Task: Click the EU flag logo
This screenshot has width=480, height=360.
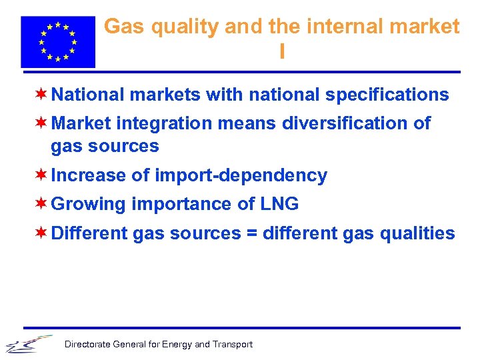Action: coord(58,41)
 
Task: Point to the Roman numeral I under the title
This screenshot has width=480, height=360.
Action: coord(283,52)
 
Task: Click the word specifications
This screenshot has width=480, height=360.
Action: coord(387,95)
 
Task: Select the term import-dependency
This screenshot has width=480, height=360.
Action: coord(241,176)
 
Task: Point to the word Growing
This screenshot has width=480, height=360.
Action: coord(88,205)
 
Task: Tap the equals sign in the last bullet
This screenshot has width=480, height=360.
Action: coord(251,233)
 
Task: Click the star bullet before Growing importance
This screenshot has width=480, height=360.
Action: coord(41,203)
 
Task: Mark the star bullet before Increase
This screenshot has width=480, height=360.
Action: coord(41,175)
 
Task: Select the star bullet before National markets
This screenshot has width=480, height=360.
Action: coord(41,94)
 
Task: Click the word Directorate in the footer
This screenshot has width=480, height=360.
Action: coord(87,345)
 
